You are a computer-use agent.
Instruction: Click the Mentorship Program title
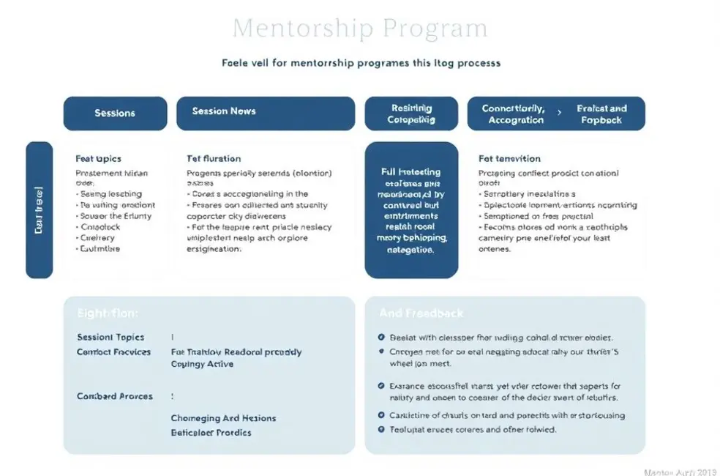[x=359, y=29]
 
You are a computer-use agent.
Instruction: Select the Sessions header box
[x=115, y=114]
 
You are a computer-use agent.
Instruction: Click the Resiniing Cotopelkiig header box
[x=410, y=114]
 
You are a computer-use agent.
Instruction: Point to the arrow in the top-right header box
[x=560, y=114]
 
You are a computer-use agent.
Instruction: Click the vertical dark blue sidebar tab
[x=40, y=210]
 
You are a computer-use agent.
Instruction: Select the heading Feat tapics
[x=98, y=158]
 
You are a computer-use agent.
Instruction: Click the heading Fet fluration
[x=214, y=158]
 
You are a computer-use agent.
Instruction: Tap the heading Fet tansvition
[x=509, y=158]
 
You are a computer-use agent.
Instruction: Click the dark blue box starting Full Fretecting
[x=411, y=210]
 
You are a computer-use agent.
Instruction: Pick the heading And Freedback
[x=421, y=313]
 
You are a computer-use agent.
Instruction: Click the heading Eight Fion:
[x=107, y=313]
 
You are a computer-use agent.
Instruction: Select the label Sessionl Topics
[x=110, y=338]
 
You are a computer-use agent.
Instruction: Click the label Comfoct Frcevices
[x=113, y=352]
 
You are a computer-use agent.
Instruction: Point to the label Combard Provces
[x=115, y=396]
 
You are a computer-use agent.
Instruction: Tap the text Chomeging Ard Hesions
[x=223, y=418]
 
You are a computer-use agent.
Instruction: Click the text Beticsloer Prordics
[x=211, y=433]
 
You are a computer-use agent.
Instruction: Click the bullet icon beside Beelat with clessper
[x=381, y=338]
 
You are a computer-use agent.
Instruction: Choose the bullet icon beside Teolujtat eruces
[x=381, y=429]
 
